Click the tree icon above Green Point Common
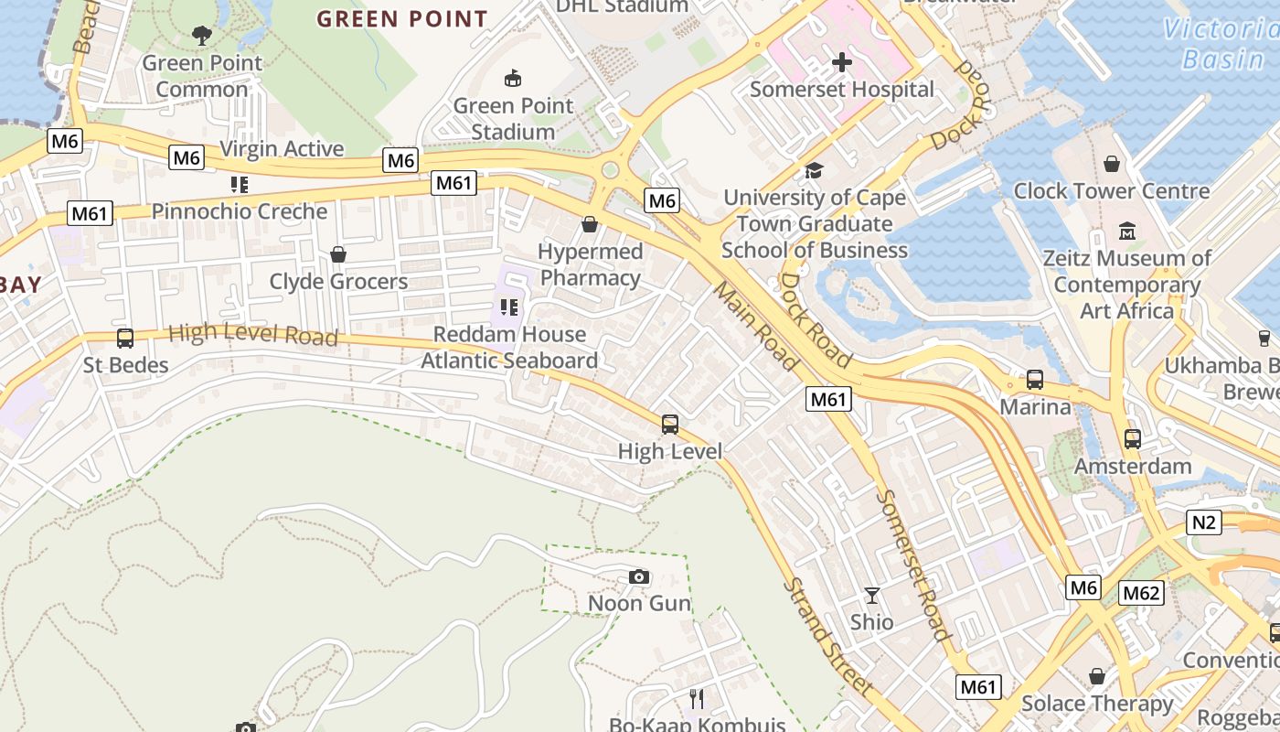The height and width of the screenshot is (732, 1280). click(202, 36)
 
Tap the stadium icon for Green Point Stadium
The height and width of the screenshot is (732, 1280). click(513, 78)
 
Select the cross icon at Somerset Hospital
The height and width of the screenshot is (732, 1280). click(842, 62)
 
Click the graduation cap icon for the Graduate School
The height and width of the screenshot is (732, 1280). click(814, 170)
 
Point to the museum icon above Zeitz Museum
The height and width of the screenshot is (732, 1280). click(1126, 231)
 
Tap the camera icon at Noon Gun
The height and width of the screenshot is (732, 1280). click(639, 576)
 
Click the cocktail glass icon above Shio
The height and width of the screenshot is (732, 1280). click(872, 596)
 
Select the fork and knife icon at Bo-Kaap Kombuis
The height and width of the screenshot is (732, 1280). click(697, 699)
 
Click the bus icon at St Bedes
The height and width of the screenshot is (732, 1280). click(125, 339)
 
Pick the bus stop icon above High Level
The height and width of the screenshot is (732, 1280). click(670, 425)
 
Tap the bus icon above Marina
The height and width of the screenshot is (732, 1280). click(1035, 379)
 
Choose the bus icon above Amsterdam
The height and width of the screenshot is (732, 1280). click(1133, 439)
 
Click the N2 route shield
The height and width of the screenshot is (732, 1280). click(1204, 522)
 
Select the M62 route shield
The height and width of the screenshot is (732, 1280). click(1141, 593)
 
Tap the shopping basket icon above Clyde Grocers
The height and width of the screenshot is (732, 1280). click(338, 254)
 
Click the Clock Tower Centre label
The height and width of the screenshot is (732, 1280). click(1111, 191)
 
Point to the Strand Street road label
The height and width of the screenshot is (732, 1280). click(828, 637)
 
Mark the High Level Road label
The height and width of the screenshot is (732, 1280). click(253, 334)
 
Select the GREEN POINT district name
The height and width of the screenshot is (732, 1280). click(402, 19)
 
